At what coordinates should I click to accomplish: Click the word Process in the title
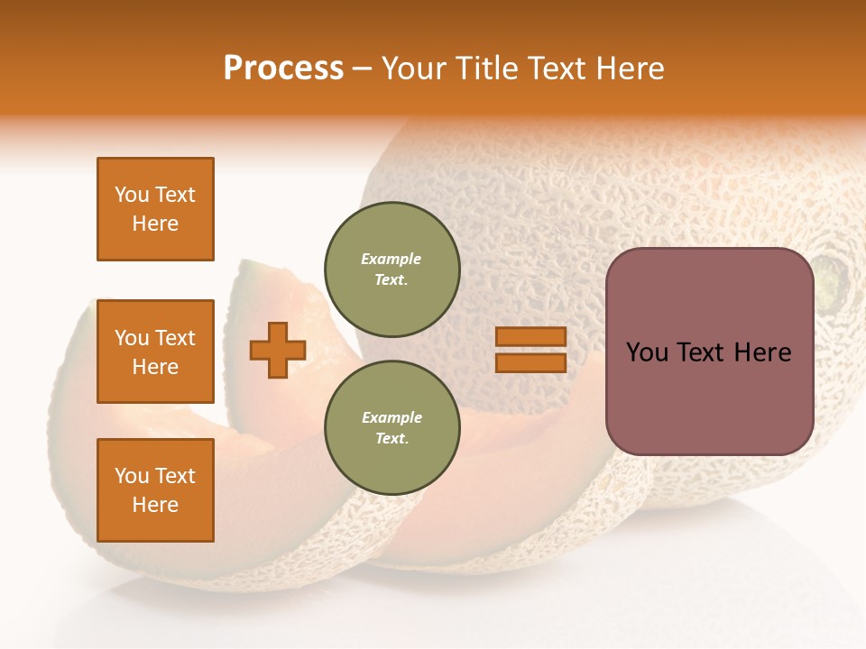pyautogui.click(x=283, y=68)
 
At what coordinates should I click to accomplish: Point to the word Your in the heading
pyautogui.click(x=412, y=68)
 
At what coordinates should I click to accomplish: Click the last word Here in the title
pyautogui.click(x=631, y=68)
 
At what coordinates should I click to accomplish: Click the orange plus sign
pyautogui.click(x=278, y=350)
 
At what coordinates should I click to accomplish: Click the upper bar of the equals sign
pyautogui.click(x=531, y=336)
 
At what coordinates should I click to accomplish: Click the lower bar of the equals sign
pyautogui.click(x=531, y=363)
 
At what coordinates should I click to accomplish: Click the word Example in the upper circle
pyautogui.click(x=392, y=259)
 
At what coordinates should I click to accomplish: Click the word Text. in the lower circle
pyautogui.click(x=392, y=439)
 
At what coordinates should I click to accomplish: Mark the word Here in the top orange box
pyautogui.click(x=155, y=224)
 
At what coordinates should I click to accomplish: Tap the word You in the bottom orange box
pyautogui.click(x=132, y=476)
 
